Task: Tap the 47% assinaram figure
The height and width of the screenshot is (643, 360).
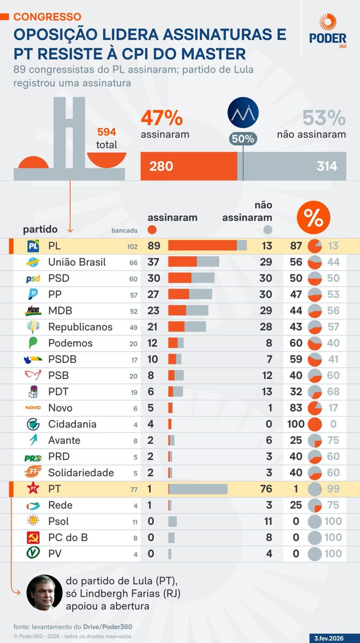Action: [162, 117]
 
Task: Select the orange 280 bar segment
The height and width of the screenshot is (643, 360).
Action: [189, 166]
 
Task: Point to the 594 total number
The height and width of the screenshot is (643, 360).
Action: [107, 132]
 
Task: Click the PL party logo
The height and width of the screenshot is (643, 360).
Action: [33, 246]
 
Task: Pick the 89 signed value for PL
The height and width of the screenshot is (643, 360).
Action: [155, 246]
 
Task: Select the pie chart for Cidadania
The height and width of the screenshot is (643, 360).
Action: [315, 424]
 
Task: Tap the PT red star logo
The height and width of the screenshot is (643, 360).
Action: [33, 489]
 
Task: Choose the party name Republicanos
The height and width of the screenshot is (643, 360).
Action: [80, 327]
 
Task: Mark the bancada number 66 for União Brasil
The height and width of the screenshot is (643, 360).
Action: [133, 263]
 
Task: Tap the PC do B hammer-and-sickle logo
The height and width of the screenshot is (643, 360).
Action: [33, 537]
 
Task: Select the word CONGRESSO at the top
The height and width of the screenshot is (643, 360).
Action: [47, 17]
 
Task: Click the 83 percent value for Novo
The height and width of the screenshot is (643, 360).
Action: [296, 408]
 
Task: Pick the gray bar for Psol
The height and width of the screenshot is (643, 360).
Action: [172, 521]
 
